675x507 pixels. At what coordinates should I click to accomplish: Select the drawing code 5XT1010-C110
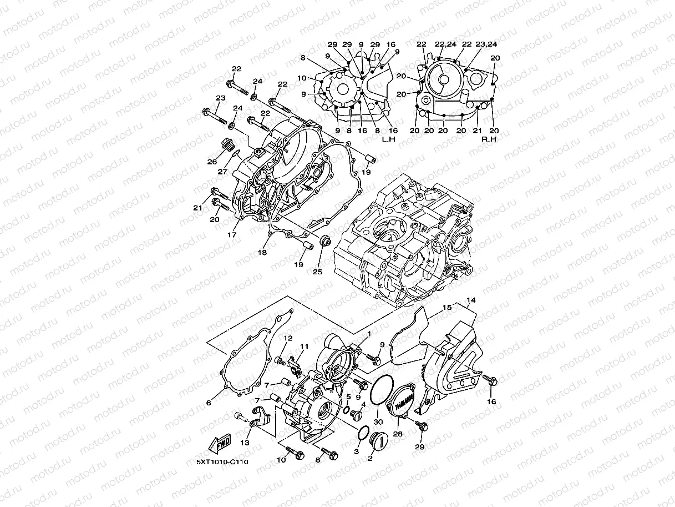(x=222, y=461)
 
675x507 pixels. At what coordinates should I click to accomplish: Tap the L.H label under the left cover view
(x=388, y=139)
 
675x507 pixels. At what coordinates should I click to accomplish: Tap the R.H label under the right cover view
(x=489, y=139)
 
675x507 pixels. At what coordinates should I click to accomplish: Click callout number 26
(x=212, y=162)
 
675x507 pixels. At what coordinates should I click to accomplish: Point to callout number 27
(x=222, y=172)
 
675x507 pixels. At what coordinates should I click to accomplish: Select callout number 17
(x=231, y=235)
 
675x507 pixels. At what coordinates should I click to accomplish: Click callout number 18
(x=262, y=252)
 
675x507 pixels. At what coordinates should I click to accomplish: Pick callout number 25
(x=317, y=272)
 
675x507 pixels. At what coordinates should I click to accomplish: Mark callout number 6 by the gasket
(x=209, y=403)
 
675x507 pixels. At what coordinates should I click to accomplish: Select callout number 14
(x=471, y=300)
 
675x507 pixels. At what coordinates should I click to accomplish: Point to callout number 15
(x=447, y=307)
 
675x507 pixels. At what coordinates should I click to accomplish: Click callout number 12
(x=288, y=338)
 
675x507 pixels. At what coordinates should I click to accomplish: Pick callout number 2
(x=370, y=459)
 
